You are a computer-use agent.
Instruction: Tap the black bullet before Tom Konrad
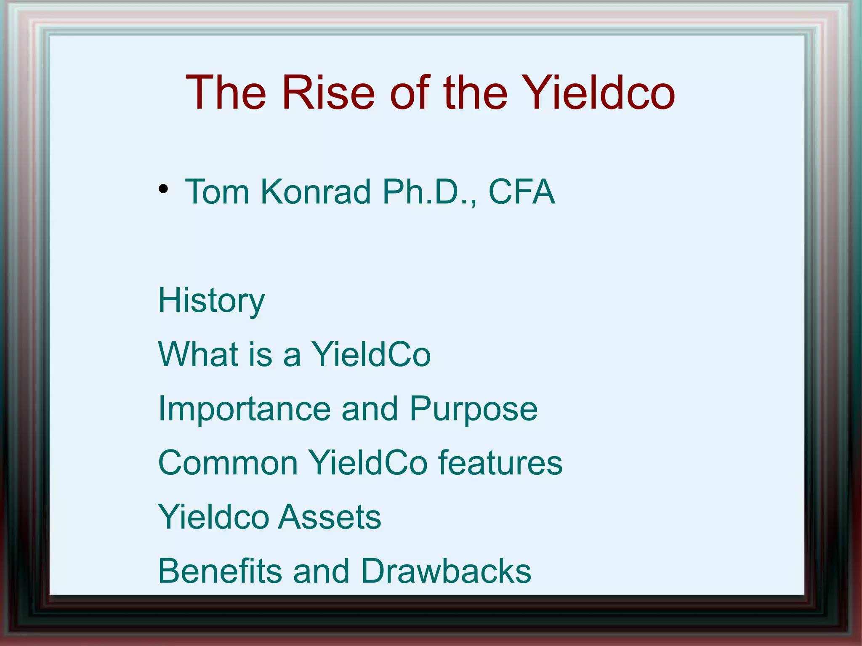pos(163,189)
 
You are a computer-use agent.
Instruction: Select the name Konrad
pos(315,192)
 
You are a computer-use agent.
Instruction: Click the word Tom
pos(217,192)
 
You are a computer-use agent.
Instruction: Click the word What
pos(198,354)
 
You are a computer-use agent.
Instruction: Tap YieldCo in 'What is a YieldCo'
pos(371,354)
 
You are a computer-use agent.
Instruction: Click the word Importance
pos(245,409)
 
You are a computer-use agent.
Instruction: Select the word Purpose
pos(474,409)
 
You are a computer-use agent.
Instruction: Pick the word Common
pos(228,463)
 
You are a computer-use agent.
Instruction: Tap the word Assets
pos(330,517)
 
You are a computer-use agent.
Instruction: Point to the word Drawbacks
pos(446,571)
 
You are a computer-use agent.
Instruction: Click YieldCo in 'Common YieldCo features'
pos(368,463)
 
